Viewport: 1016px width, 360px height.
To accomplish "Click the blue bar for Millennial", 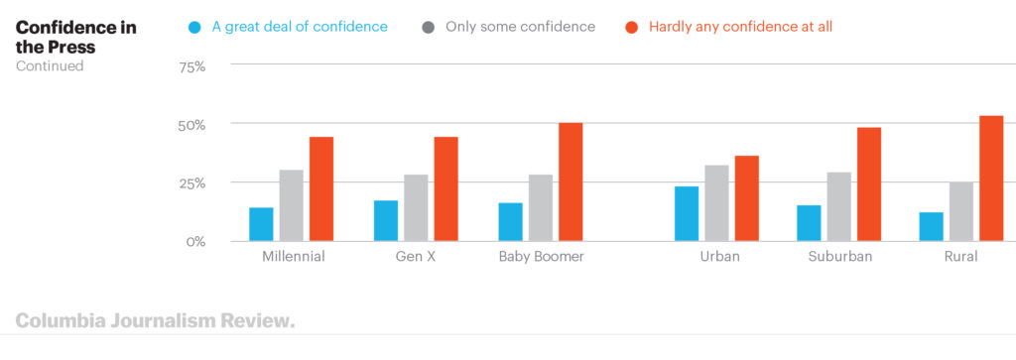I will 261,224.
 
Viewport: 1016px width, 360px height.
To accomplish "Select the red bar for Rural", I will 991,179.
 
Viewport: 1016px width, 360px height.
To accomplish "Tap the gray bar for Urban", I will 716,203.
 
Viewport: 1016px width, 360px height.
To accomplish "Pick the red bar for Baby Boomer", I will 571,181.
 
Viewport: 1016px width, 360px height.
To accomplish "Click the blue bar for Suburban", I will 809,223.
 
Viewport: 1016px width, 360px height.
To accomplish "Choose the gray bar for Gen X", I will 416,208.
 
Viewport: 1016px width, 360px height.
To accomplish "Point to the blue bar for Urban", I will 687,213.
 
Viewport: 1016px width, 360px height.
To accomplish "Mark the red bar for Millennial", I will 321,188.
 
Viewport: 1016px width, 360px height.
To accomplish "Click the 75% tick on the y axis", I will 191,66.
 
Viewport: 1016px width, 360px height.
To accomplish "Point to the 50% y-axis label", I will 191,125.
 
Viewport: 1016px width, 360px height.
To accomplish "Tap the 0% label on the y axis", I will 195,241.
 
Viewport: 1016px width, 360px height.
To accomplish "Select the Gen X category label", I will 416,257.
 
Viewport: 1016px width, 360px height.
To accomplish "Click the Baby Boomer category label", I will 541,257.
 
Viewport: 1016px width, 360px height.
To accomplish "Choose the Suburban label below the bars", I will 839,257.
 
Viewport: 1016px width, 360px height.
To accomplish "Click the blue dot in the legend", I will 194,27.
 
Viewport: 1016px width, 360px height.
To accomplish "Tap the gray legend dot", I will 428,27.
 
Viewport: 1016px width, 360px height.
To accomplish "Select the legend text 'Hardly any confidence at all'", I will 740,27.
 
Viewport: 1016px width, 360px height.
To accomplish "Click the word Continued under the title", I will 50,66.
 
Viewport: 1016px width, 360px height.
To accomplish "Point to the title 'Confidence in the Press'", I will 75,36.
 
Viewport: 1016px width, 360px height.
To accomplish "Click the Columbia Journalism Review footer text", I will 155,321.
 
